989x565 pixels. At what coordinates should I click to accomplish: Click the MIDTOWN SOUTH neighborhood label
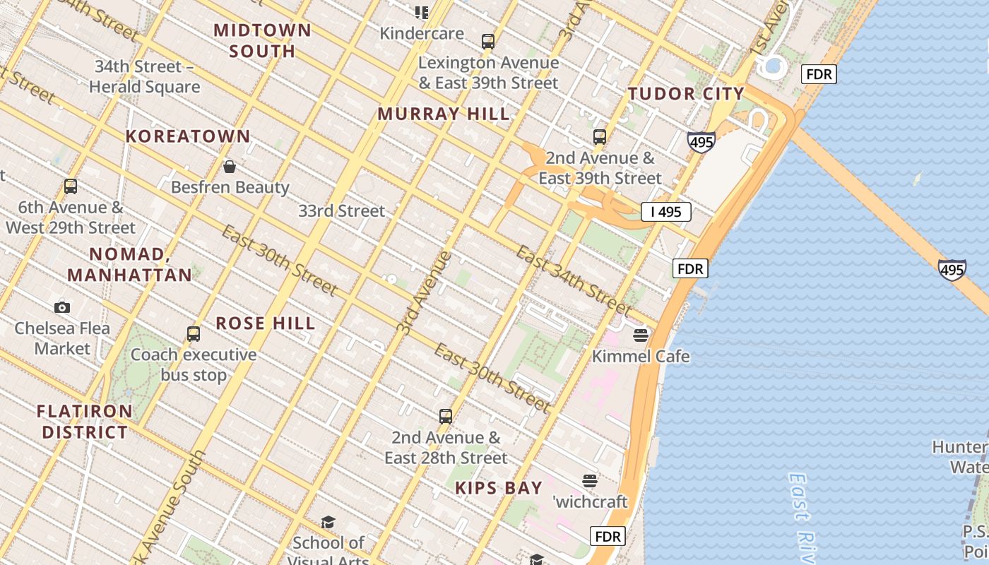262,40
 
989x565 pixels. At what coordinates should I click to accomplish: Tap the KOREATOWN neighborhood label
188,136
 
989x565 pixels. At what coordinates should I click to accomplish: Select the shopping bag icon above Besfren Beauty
230,167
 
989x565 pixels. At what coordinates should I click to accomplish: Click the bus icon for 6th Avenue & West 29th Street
71,186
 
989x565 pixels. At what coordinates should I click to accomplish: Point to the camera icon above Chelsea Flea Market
62,307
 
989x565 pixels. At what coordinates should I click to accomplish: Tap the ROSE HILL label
265,323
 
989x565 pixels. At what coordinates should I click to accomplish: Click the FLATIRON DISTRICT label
85,422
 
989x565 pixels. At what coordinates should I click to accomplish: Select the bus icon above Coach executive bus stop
194,333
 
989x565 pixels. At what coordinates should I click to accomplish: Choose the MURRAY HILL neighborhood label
443,114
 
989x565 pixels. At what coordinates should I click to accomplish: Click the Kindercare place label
422,33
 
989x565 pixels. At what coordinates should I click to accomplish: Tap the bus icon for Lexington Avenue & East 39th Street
488,41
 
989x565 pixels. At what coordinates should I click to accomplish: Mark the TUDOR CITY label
686,94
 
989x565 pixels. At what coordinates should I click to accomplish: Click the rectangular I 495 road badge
665,211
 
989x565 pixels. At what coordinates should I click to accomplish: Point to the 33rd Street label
342,210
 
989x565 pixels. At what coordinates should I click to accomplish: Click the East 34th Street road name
572,280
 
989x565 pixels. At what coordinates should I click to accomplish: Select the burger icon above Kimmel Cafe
641,335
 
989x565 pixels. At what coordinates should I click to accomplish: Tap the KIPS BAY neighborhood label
499,488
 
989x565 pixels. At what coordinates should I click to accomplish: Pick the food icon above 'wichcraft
590,481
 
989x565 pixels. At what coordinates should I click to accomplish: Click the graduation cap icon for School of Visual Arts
328,522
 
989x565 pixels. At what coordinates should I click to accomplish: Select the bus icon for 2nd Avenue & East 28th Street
446,416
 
